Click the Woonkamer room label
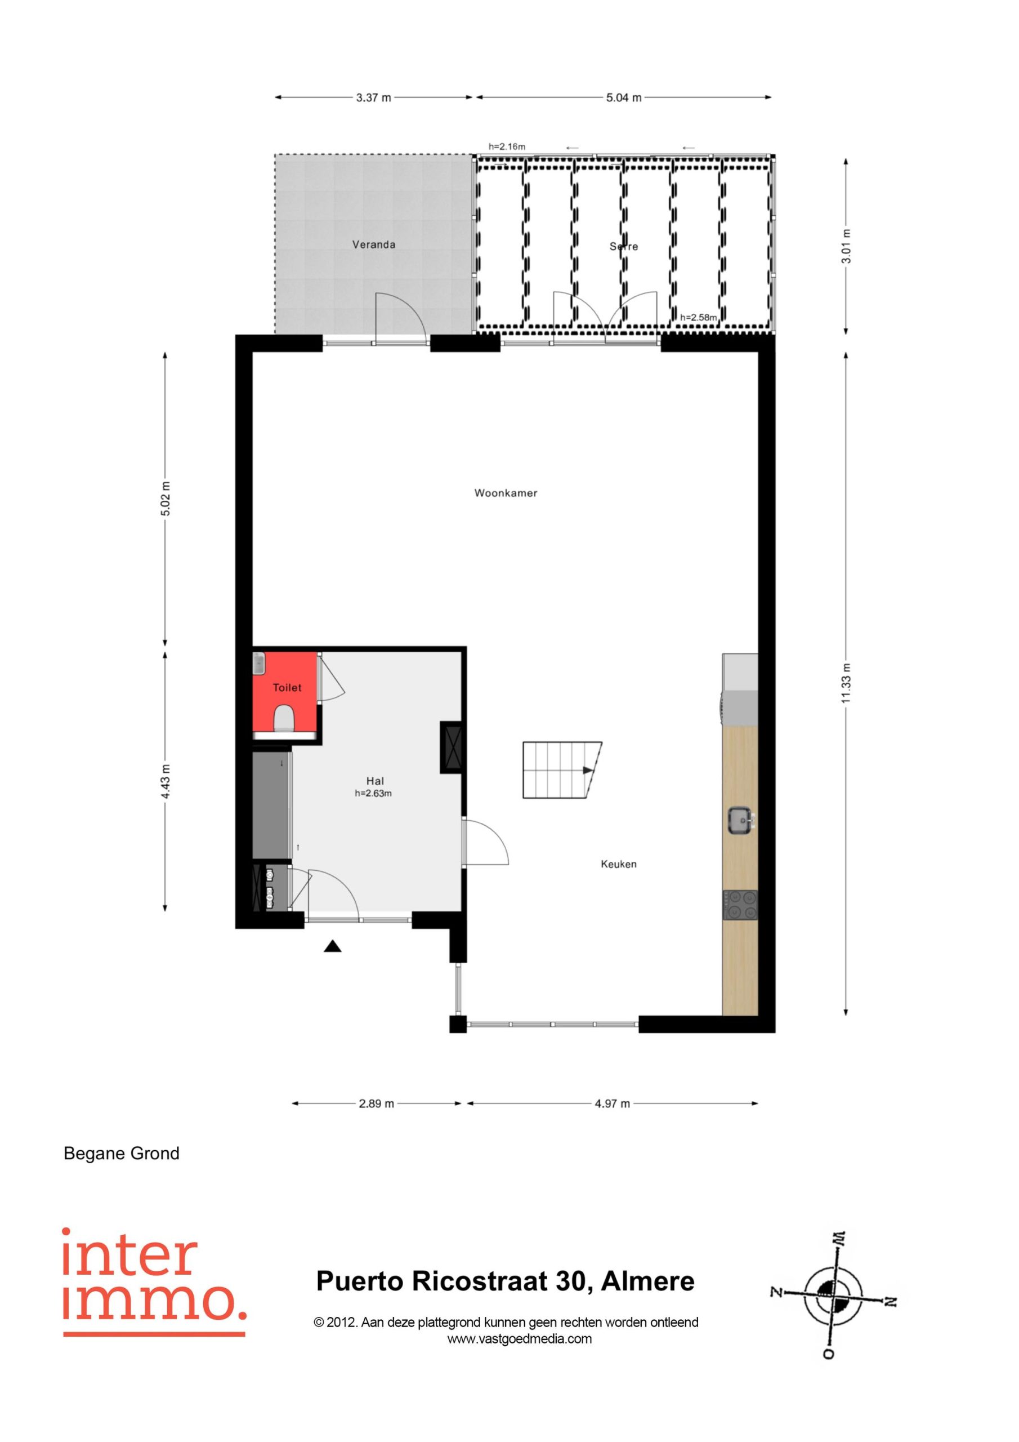(x=506, y=493)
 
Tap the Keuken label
(x=618, y=864)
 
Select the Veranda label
(x=374, y=244)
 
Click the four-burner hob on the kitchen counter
(x=740, y=905)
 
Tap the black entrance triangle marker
(x=332, y=946)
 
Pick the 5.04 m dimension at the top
(x=623, y=97)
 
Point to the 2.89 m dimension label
(x=376, y=1103)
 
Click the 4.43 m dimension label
(x=165, y=781)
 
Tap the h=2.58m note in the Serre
(x=698, y=317)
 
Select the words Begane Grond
(x=122, y=1154)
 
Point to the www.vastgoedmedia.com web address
(x=519, y=1338)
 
